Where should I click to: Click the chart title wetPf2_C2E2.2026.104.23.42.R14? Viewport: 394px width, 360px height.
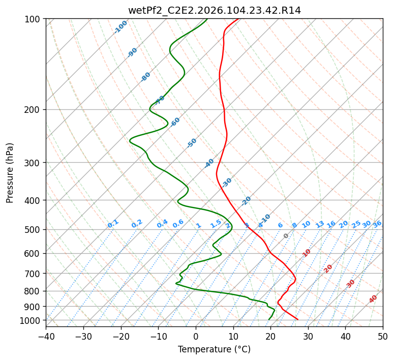coord(214,10)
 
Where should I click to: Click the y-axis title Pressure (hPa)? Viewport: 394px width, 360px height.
coord(10,172)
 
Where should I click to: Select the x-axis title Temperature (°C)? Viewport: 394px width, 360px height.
coord(214,349)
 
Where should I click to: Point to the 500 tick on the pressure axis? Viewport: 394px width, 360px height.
coord(33,229)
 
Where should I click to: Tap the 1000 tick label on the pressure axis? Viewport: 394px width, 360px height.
coord(31,320)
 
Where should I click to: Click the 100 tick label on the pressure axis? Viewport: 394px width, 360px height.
coord(33,19)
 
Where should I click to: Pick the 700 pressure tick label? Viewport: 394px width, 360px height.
coord(33,274)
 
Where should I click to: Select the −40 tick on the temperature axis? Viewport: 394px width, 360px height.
coord(46,337)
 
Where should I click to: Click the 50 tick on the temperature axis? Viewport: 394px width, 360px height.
coord(383,337)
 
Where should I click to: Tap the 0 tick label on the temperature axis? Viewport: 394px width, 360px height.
coord(196,337)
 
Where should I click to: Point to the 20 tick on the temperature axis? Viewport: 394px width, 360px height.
coord(270,337)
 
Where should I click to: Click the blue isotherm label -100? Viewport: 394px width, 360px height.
coord(121,27)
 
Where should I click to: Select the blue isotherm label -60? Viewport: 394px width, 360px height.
coord(175,122)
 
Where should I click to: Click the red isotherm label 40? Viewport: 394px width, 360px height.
coord(373,299)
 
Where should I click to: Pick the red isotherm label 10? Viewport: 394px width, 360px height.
coord(307,253)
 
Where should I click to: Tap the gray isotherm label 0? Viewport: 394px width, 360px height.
coord(286,236)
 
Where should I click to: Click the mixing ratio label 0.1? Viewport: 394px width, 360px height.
coord(113,224)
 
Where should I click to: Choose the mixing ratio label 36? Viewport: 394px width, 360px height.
coord(377,224)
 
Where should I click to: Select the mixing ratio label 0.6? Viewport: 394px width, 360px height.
coord(178,224)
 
